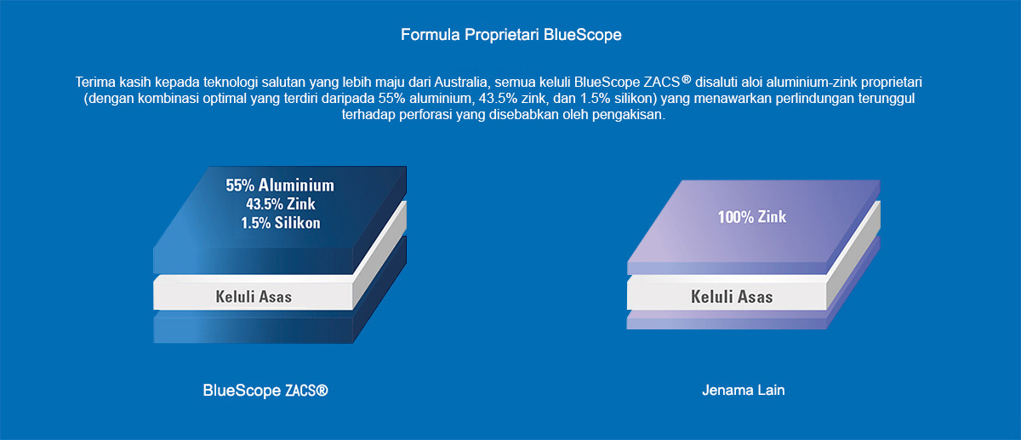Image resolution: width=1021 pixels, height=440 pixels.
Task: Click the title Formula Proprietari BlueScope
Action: click(x=511, y=35)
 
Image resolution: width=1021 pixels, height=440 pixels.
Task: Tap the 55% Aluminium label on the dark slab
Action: click(x=280, y=186)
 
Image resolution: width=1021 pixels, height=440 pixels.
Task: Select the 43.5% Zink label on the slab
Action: click(x=280, y=203)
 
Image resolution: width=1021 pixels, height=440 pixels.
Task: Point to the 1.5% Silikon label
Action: click(x=280, y=223)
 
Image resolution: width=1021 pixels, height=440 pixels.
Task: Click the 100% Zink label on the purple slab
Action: click(x=751, y=217)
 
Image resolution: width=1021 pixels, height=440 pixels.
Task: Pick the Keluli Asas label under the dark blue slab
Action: click(x=254, y=297)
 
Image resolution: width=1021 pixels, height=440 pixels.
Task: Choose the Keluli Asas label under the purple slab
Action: click(x=732, y=297)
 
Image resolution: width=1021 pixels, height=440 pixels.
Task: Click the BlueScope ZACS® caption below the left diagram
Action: click(x=265, y=391)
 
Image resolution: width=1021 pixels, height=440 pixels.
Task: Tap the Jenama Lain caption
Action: click(x=744, y=391)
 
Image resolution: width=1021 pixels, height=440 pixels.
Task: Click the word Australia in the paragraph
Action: click(x=460, y=82)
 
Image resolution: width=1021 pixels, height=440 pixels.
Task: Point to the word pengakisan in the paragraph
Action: click(x=629, y=115)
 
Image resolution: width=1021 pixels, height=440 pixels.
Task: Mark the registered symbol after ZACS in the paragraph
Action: click(x=686, y=80)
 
